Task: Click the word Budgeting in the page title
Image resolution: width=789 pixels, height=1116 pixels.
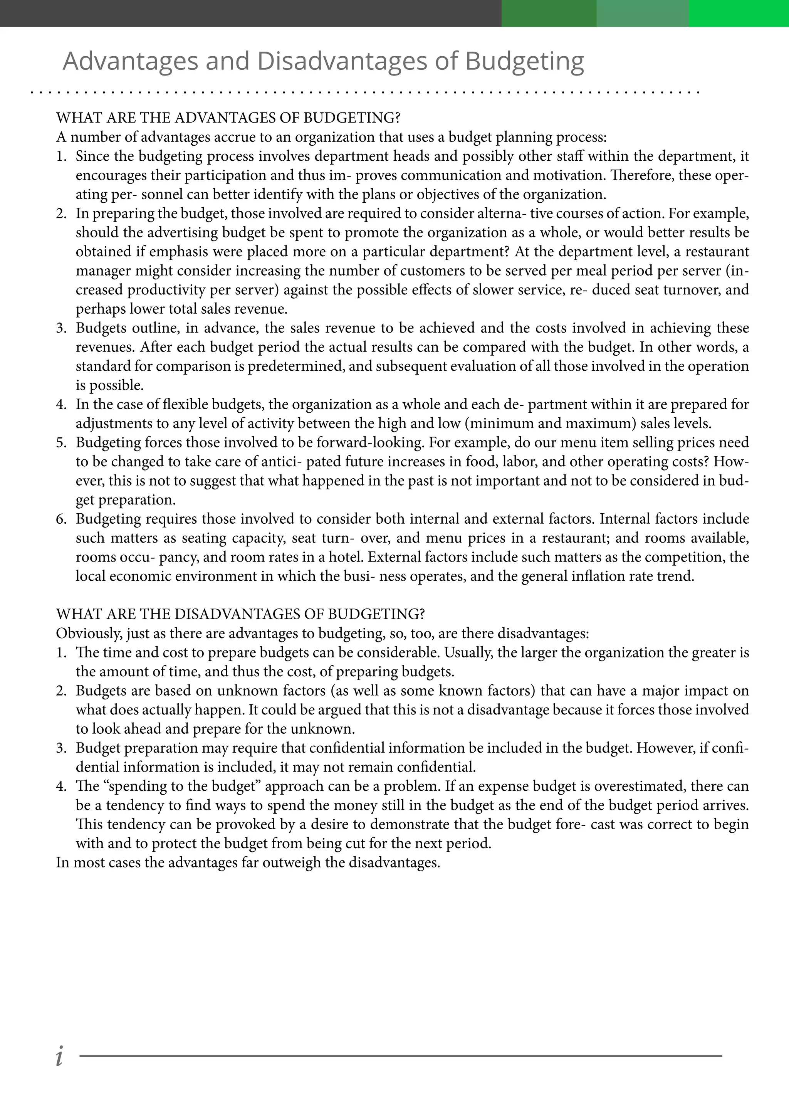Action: [524, 62]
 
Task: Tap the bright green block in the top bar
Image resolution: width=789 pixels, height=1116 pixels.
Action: [739, 13]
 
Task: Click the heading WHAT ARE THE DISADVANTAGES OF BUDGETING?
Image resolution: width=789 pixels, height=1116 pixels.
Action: [240, 614]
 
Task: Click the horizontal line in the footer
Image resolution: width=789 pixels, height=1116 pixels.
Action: [400, 1056]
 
